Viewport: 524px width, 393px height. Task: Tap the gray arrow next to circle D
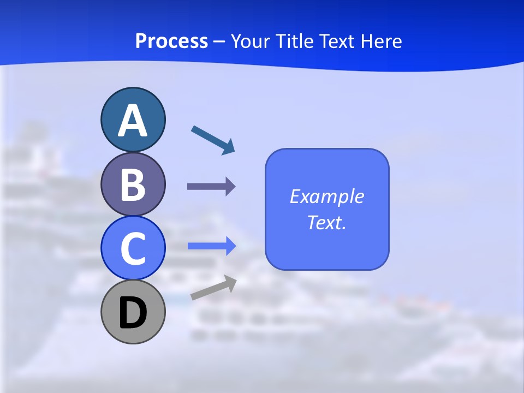point(213,288)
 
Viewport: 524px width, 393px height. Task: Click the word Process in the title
point(171,41)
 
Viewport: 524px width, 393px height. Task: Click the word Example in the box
point(326,196)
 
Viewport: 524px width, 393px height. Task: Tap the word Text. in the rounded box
point(326,222)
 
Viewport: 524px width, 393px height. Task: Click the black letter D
point(133,313)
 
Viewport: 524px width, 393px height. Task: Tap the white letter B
point(133,184)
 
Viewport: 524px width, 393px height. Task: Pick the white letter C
point(133,248)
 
